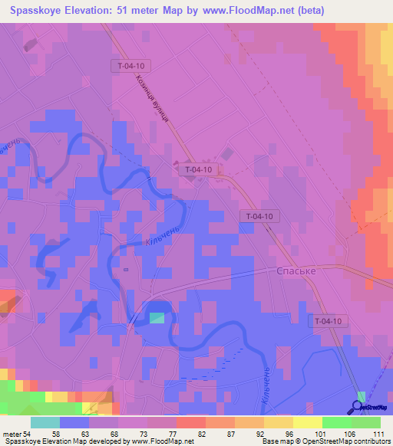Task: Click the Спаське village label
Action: click(296, 271)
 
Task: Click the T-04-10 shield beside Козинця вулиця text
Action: click(131, 67)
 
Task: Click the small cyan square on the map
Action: click(157, 317)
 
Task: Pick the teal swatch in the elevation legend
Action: click(45, 422)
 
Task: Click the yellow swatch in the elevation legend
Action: click(307, 422)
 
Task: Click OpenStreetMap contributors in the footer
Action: click(349, 441)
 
